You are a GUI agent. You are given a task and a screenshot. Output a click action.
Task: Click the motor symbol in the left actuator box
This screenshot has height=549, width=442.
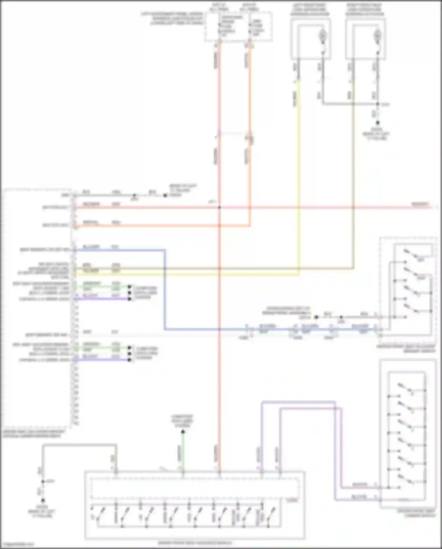[x=323, y=36]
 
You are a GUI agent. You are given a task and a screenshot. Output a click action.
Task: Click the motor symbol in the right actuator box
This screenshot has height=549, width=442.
[x=377, y=36]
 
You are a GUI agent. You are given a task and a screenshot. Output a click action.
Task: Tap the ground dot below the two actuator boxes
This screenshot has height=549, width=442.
[x=377, y=123]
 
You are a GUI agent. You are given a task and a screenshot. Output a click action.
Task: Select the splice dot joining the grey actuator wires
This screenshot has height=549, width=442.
[x=377, y=104]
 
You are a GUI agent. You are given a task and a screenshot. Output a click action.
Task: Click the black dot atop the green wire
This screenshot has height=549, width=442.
[x=183, y=432]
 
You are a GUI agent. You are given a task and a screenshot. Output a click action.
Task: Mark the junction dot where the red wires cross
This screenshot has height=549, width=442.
[x=219, y=207]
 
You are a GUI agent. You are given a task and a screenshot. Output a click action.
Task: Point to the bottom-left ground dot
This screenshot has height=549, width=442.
[x=43, y=500]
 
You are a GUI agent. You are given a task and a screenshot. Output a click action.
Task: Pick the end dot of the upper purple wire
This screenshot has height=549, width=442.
[x=129, y=299]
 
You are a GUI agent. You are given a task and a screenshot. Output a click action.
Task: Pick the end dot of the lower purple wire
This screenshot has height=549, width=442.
[x=129, y=360]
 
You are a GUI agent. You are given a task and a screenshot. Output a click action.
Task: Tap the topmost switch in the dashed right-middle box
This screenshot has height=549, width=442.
[x=411, y=254]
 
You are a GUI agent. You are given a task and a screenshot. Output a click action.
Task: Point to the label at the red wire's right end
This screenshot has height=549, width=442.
[x=420, y=204]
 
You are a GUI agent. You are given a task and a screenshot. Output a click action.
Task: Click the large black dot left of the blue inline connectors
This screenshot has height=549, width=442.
[x=316, y=317]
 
